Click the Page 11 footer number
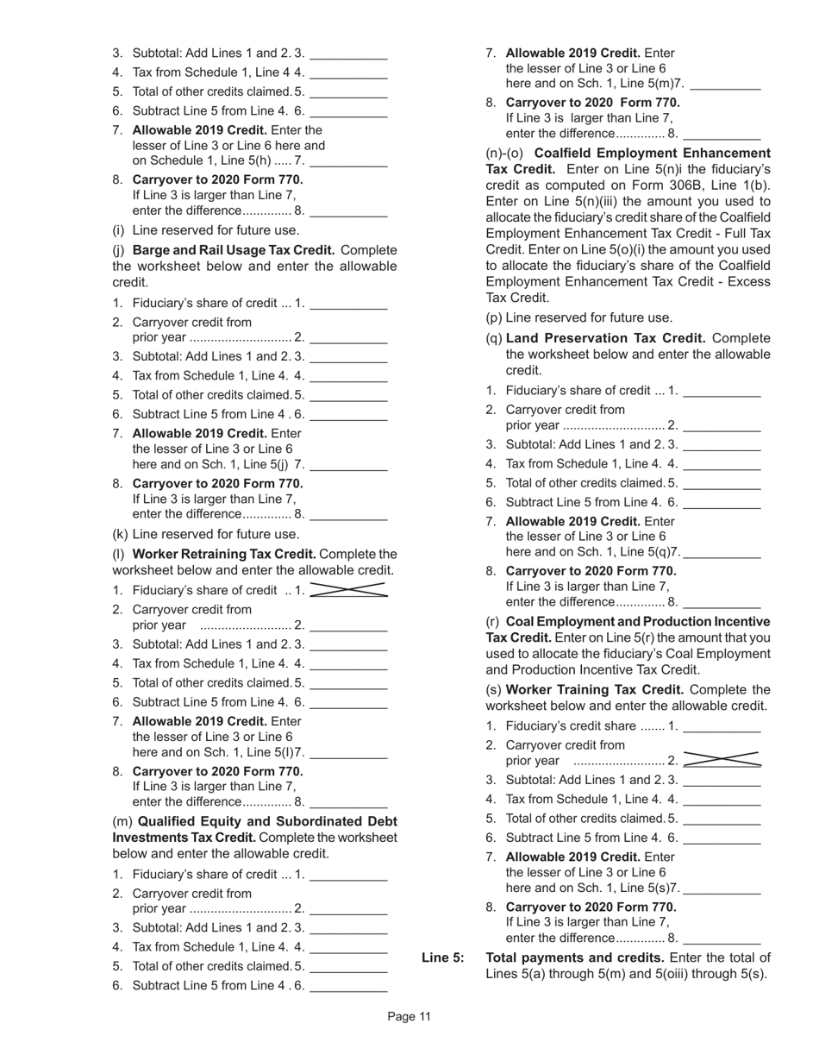point(409,1017)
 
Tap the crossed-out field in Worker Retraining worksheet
point(347,590)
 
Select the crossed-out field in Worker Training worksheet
point(722,760)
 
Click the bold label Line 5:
point(442,957)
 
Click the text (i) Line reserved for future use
point(206,230)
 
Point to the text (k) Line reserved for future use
point(206,534)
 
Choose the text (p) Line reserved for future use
point(579,317)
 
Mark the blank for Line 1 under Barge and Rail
point(347,304)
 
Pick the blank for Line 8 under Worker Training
point(722,938)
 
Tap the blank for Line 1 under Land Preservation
point(722,391)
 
